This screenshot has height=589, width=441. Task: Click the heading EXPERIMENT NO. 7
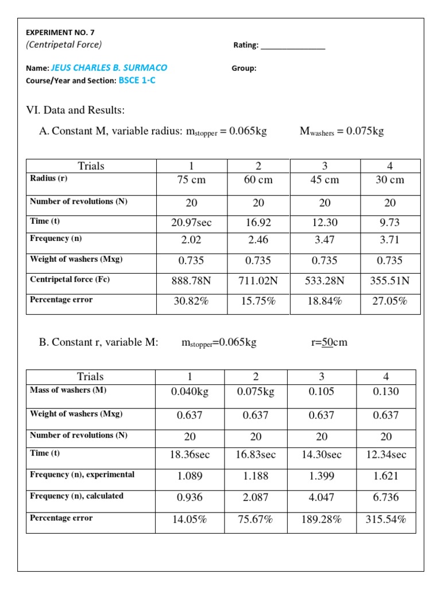[56, 33]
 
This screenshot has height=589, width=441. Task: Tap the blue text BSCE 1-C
[137, 81]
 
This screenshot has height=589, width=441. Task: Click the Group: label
[244, 68]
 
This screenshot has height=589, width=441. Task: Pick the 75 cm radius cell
[191, 179]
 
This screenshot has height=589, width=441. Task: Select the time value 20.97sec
[191, 223]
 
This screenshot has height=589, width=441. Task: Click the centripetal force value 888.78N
[191, 281]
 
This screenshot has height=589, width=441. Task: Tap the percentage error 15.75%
[258, 300]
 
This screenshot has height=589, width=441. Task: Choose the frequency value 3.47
[324, 240]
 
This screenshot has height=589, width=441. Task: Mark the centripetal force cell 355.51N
[390, 281]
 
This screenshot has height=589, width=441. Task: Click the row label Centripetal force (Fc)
[69, 280]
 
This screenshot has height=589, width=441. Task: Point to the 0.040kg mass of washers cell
[189, 391]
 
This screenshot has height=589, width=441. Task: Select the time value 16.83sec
[256, 454]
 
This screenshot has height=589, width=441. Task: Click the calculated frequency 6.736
[386, 497]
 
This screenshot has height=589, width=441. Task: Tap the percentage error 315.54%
[386, 519]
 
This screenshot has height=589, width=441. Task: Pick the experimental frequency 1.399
[322, 476]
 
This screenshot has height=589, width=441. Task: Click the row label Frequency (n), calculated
[76, 496]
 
